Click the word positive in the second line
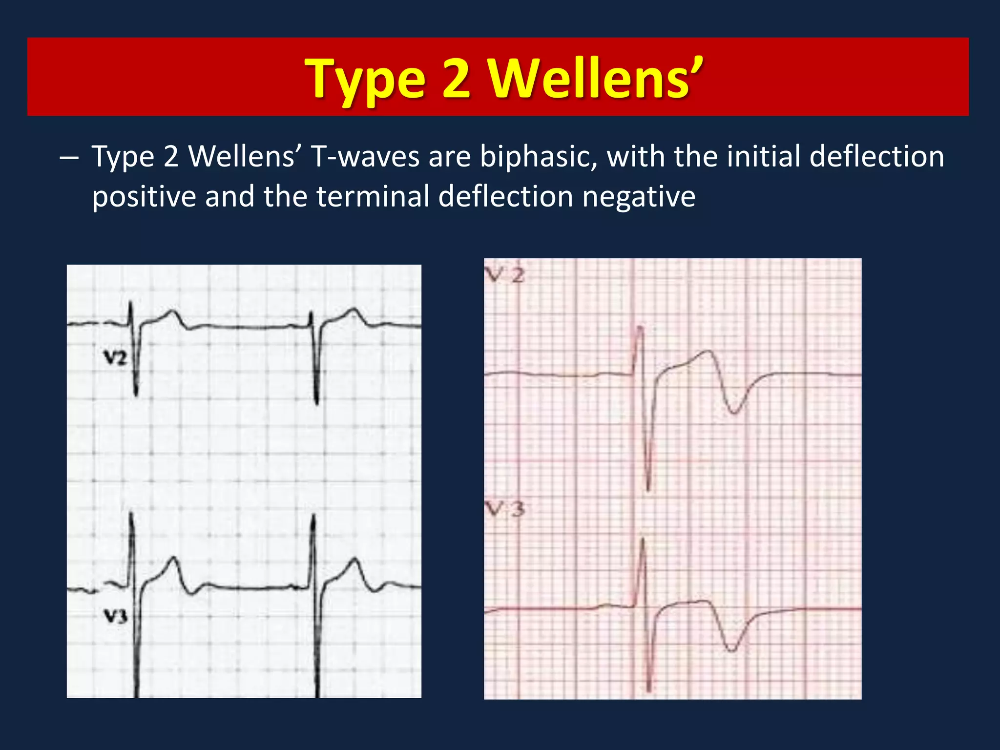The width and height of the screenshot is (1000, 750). (144, 197)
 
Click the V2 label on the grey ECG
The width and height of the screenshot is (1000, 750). (115, 359)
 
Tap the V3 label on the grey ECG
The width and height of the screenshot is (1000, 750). (116, 616)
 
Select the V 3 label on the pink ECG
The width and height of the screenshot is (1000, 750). (506, 510)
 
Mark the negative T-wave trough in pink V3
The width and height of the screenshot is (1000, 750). (732, 650)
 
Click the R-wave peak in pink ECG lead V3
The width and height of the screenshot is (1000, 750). (643, 539)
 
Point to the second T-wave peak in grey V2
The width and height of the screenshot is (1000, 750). (355, 310)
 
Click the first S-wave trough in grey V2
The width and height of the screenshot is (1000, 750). (136, 395)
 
